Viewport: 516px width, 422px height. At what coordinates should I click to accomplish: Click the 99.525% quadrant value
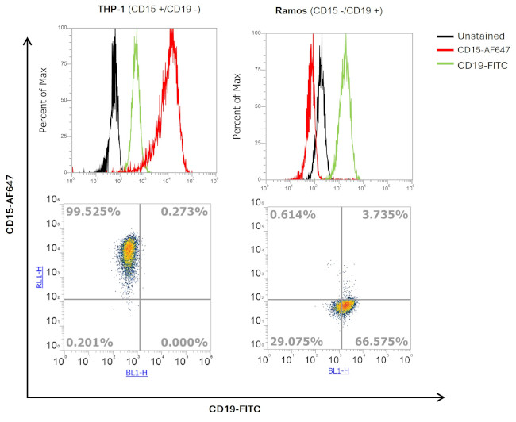point(94,213)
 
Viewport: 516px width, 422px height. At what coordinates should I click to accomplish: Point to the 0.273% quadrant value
point(184,213)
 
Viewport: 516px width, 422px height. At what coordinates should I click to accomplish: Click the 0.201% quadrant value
point(90,342)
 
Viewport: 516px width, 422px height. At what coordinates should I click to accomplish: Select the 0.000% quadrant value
point(184,342)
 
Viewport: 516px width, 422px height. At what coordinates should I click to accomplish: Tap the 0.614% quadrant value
point(292,214)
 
